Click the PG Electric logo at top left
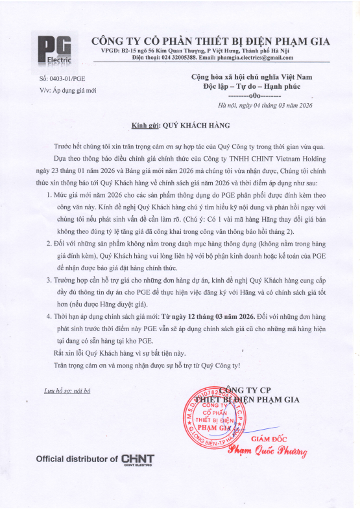coord(54,49)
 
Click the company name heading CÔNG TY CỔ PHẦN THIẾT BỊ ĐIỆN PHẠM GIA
coord(210,41)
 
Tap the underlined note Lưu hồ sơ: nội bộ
coord(67,391)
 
